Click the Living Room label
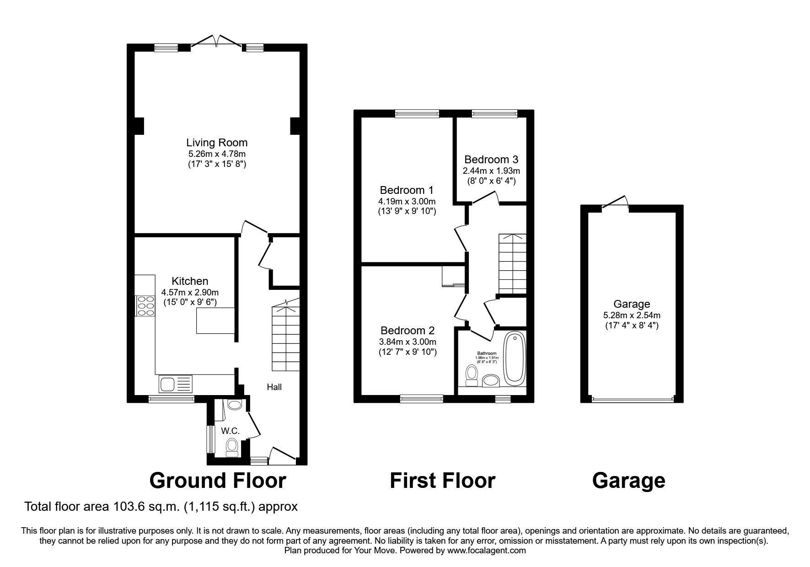coord(217,143)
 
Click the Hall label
coord(274,387)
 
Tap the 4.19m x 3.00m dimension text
coord(407,202)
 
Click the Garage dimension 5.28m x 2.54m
coord(632,316)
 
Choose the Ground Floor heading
coord(218,481)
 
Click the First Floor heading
coord(442,481)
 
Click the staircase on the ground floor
coord(286,338)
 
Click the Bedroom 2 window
coord(422,399)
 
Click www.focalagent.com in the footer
coord(486,551)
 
